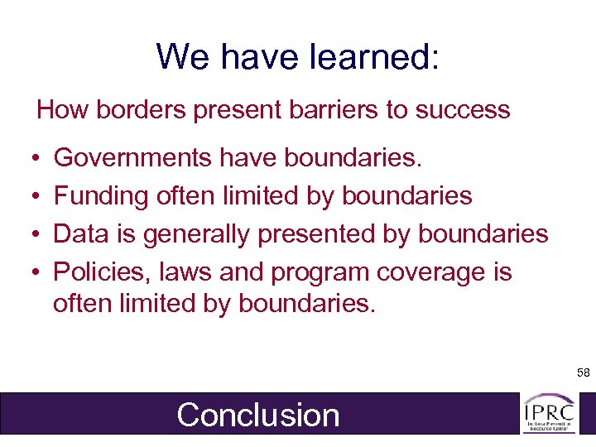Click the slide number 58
(584, 374)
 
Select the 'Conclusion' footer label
(258, 415)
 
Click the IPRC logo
(548, 412)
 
